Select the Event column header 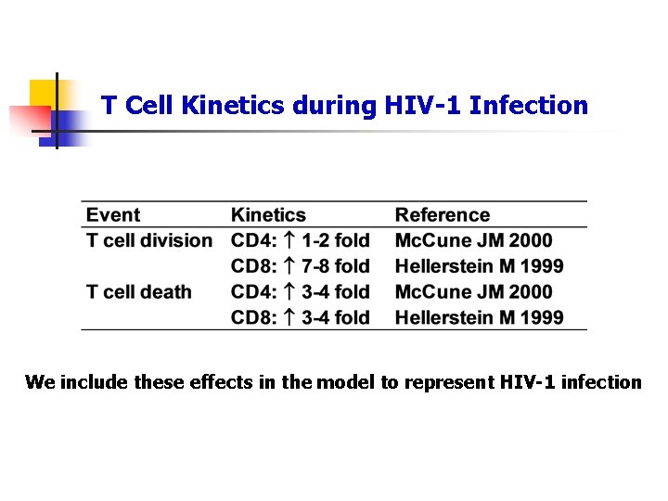(x=113, y=215)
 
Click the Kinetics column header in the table (x=268, y=215)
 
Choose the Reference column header (x=443, y=215)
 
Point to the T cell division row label (x=149, y=240)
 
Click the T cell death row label (x=138, y=292)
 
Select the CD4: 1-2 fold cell (x=300, y=240)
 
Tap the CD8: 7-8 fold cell (x=300, y=266)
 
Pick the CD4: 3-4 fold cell (x=300, y=292)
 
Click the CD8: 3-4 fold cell (x=300, y=317)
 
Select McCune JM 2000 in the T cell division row (x=473, y=240)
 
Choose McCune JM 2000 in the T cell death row (x=473, y=292)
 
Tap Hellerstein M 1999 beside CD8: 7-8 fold (x=479, y=266)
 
